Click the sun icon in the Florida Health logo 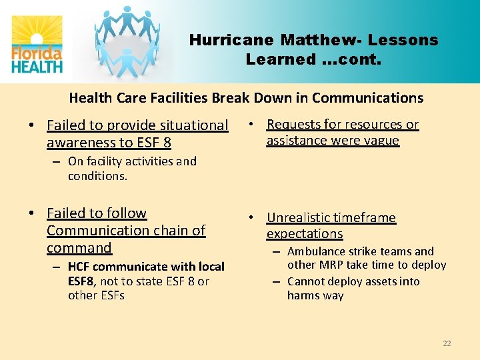(x=37, y=33)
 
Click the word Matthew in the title (x=321, y=40)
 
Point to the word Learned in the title (x=280, y=59)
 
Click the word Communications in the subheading (x=367, y=98)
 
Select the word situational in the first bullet (x=190, y=125)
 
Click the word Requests (x=295, y=125)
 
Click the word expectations (x=304, y=234)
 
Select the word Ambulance (x=317, y=251)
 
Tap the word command (x=79, y=248)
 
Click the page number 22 (x=447, y=343)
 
